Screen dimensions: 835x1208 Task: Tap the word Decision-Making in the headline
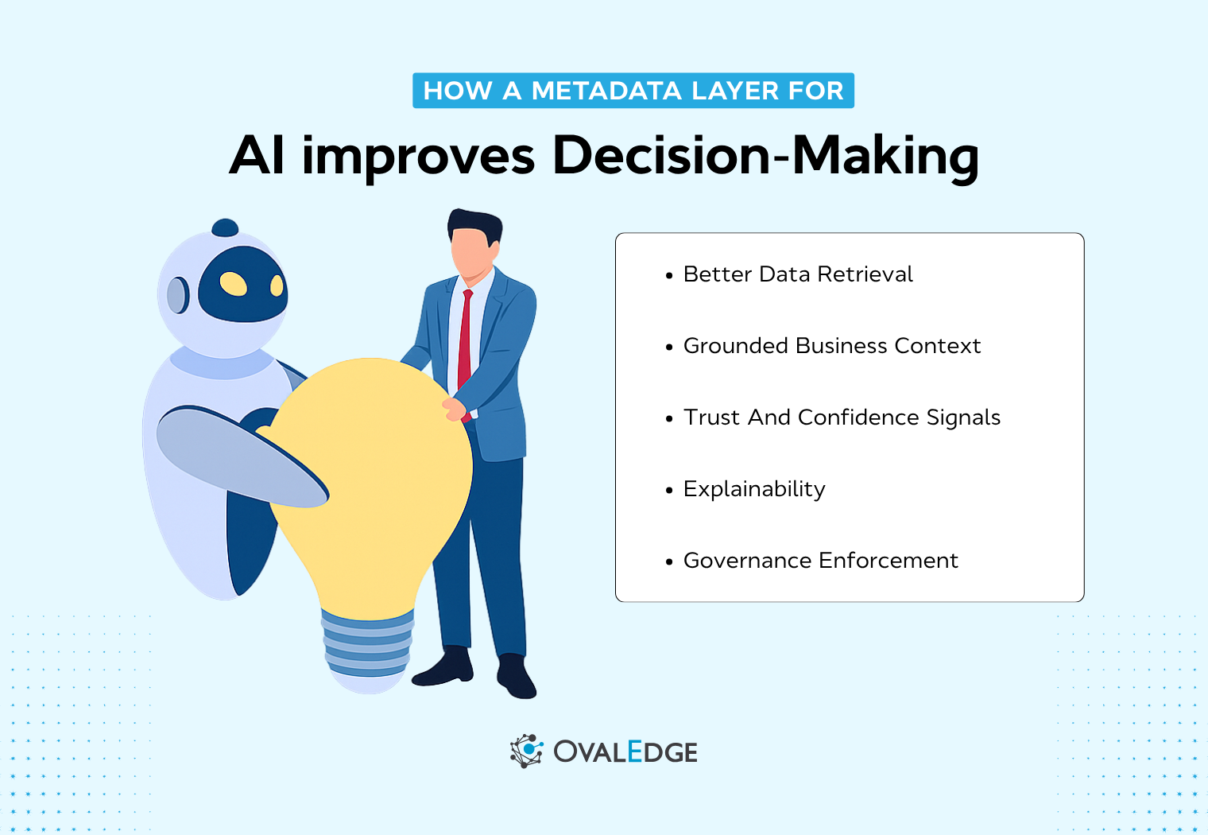click(765, 155)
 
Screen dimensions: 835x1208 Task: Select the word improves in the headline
click(418, 155)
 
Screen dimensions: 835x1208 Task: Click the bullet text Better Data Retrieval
click(798, 274)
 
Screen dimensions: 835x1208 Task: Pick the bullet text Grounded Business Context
click(831, 346)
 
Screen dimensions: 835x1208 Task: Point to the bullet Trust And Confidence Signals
click(842, 417)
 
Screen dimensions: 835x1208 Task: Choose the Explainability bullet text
click(754, 489)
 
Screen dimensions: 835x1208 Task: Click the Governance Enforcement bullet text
click(820, 561)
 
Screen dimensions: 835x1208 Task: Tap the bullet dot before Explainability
click(669, 491)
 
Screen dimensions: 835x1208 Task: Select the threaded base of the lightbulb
click(367, 644)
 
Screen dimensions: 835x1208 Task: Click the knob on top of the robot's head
click(225, 228)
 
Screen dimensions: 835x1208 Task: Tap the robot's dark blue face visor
click(242, 284)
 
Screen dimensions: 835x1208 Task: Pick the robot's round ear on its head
click(177, 295)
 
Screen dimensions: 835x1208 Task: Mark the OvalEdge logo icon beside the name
click(526, 751)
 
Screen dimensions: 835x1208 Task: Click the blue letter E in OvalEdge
click(635, 751)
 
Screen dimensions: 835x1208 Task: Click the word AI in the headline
click(257, 155)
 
